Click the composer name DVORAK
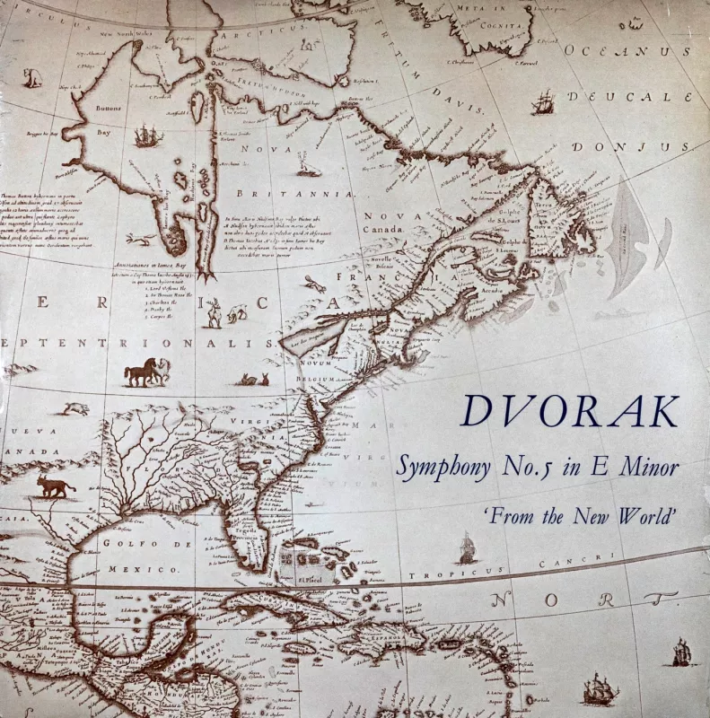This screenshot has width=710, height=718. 569,411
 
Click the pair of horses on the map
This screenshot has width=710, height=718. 146,371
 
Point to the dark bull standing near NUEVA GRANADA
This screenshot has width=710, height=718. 55,486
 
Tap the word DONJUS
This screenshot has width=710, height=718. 632,146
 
